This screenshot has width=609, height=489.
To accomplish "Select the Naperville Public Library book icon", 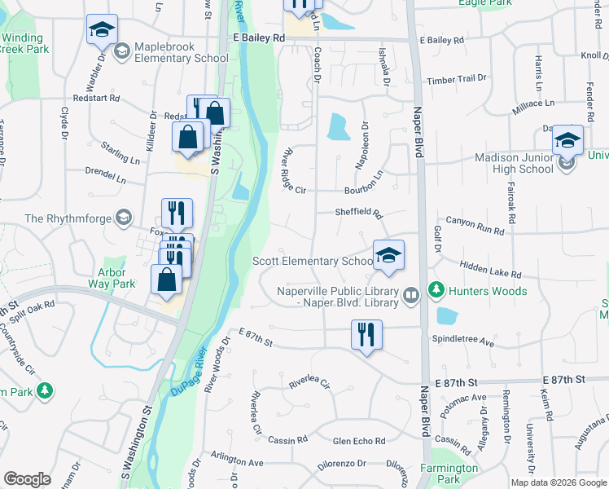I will pyautogui.click(x=412, y=294).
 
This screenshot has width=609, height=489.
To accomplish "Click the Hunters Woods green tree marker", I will pyautogui.click(x=436, y=289).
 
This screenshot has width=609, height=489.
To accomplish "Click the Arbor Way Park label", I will pyautogui.click(x=112, y=278).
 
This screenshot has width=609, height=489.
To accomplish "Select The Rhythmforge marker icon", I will pyautogui.click(x=123, y=218).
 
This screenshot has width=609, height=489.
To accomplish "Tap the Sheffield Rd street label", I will pyautogui.click(x=358, y=213).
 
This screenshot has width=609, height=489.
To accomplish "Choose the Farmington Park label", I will pyautogui.click(x=449, y=474).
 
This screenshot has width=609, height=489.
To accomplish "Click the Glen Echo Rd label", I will pyautogui.click(x=359, y=441).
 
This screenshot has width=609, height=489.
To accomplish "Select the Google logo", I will pyautogui.click(x=28, y=479).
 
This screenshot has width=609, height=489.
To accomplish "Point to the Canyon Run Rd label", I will pyautogui.click(x=475, y=226).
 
